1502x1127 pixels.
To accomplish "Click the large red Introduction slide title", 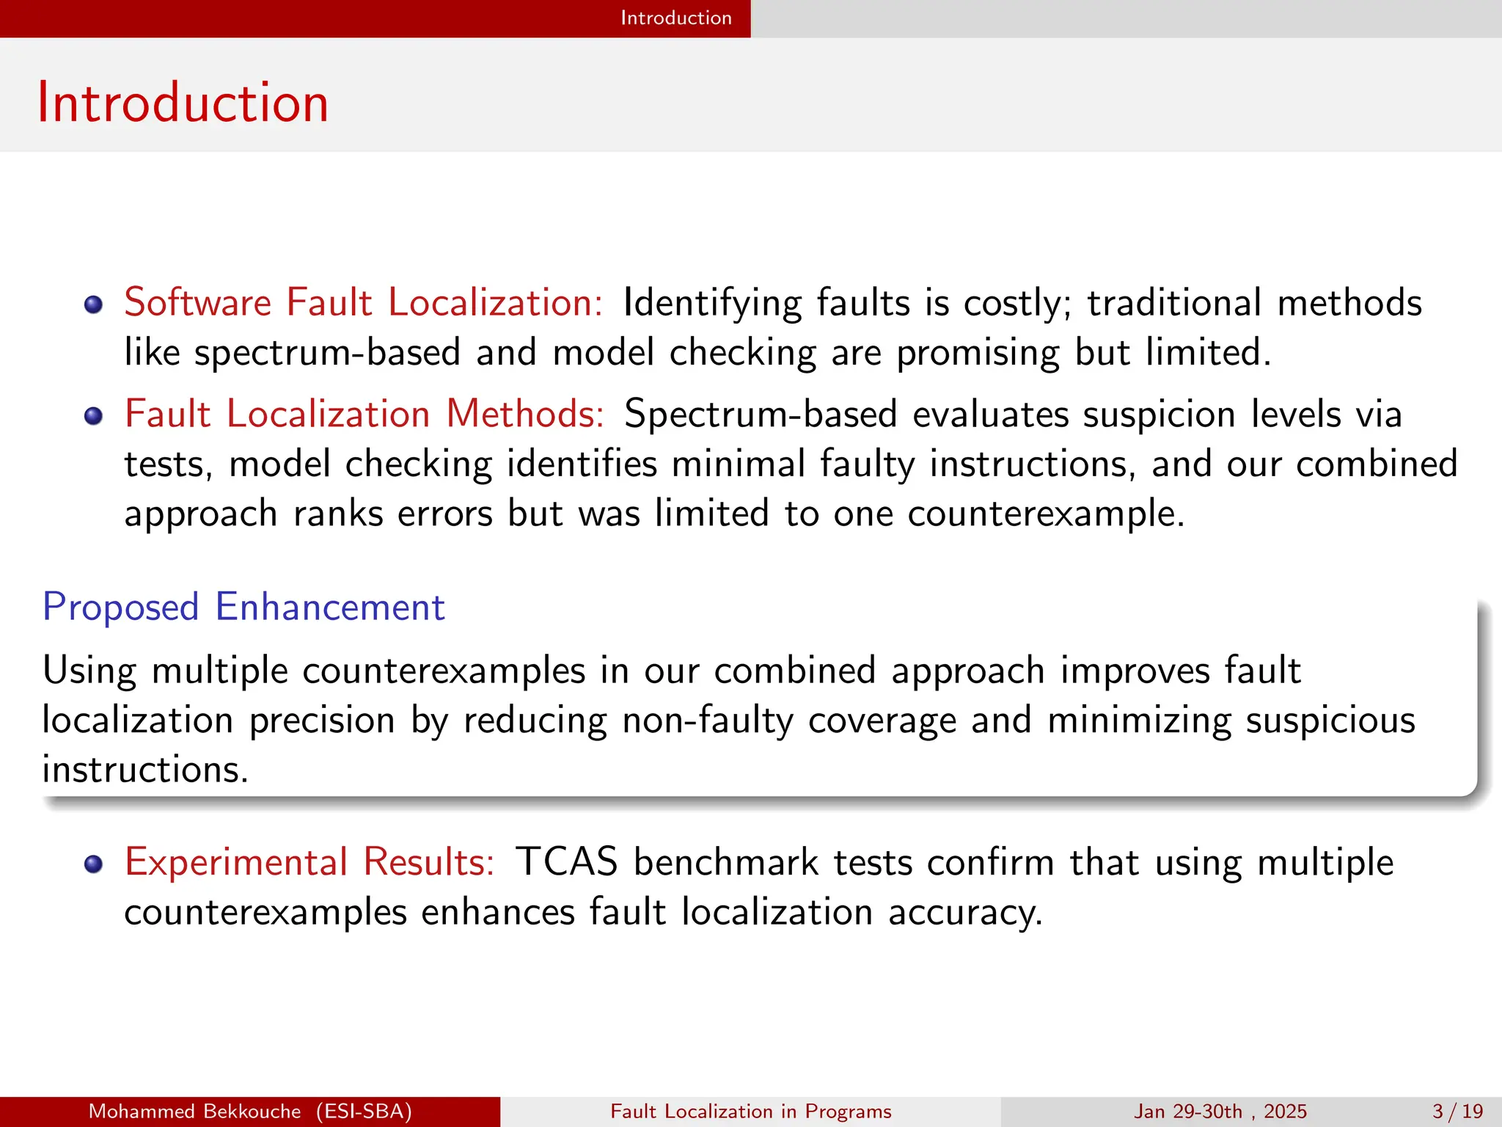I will point(183,103).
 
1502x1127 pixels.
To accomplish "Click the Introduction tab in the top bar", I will point(675,18).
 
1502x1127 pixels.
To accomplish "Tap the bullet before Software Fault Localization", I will point(93,304).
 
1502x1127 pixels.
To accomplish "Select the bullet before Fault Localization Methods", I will point(93,417).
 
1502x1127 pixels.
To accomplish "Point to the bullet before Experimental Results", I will point(93,864).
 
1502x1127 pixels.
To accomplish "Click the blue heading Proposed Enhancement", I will point(243,608).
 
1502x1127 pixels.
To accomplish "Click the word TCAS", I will point(566,862).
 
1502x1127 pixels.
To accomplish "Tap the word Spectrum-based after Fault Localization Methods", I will point(761,415).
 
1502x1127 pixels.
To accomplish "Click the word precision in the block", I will point(322,721).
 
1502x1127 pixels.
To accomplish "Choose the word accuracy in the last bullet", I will point(965,913).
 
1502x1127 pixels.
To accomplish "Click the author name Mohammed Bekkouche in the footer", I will point(194,1112).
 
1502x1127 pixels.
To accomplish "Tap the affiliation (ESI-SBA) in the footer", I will point(364,1112).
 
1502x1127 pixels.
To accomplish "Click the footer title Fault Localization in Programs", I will point(751,1112).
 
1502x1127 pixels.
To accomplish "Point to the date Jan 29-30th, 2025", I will point(1220,1112).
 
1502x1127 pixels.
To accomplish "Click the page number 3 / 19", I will point(1458,1112).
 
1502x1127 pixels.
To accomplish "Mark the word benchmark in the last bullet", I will point(726,862).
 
